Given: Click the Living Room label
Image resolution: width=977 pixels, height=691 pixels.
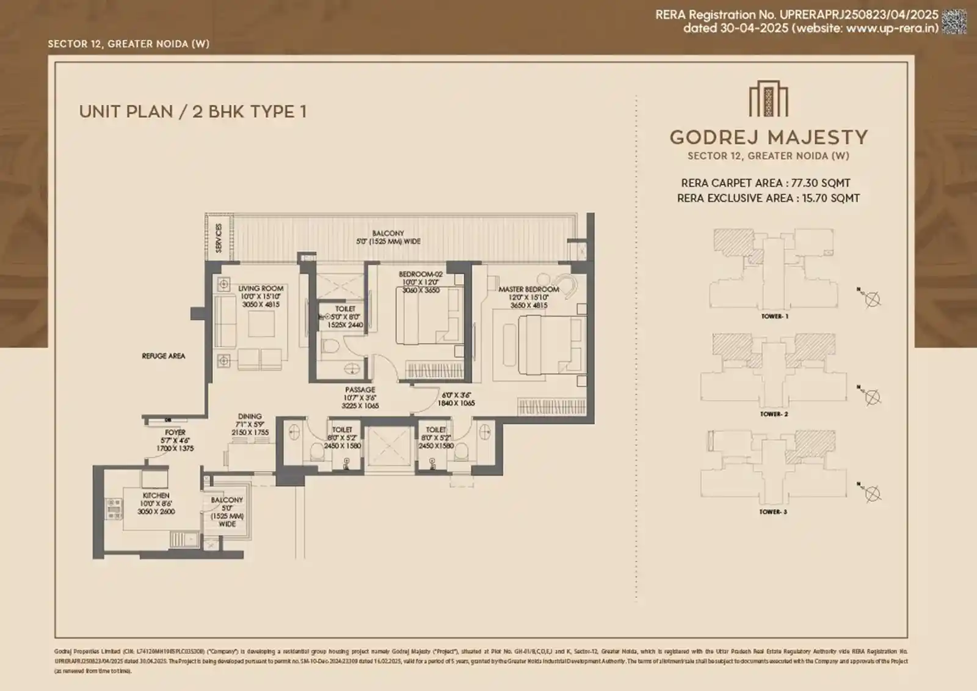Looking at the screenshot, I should (x=261, y=288).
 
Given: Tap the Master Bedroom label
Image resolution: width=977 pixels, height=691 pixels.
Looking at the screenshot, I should (x=529, y=290).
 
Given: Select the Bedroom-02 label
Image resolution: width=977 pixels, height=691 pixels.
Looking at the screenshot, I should (x=421, y=274).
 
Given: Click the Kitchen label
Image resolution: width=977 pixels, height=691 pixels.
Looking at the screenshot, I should (x=156, y=495).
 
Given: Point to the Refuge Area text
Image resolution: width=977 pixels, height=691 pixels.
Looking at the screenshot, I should (x=163, y=356).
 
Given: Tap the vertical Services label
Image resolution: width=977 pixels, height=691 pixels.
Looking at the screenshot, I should (x=219, y=238).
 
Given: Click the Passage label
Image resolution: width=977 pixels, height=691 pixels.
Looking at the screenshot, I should (x=360, y=390).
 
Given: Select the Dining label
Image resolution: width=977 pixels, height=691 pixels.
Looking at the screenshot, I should (x=249, y=416).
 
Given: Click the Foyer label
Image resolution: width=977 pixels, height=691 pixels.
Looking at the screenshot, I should (x=175, y=432).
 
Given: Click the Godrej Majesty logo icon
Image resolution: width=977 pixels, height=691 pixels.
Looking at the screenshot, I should (x=768, y=100).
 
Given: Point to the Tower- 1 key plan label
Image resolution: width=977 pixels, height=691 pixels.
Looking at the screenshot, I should (x=774, y=316).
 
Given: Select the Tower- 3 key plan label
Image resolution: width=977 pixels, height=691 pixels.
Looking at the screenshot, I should (x=773, y=512).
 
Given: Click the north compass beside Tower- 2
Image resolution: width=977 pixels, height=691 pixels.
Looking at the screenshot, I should (x=873, y=397).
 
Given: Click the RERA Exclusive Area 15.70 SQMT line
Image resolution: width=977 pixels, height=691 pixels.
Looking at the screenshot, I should (x=768, y=198).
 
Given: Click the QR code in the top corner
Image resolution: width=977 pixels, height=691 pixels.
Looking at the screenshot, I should (x=954, y=21).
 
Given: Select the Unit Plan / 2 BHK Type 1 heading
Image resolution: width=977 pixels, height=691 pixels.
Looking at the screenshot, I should (x=192, y=112).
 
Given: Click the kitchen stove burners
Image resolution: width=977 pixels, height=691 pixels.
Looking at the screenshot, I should (x=114, y=508).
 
